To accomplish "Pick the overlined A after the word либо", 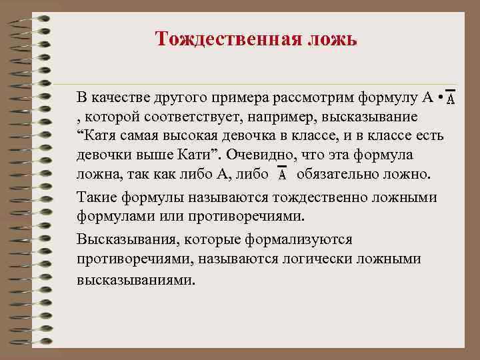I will (x=282, y=175).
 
